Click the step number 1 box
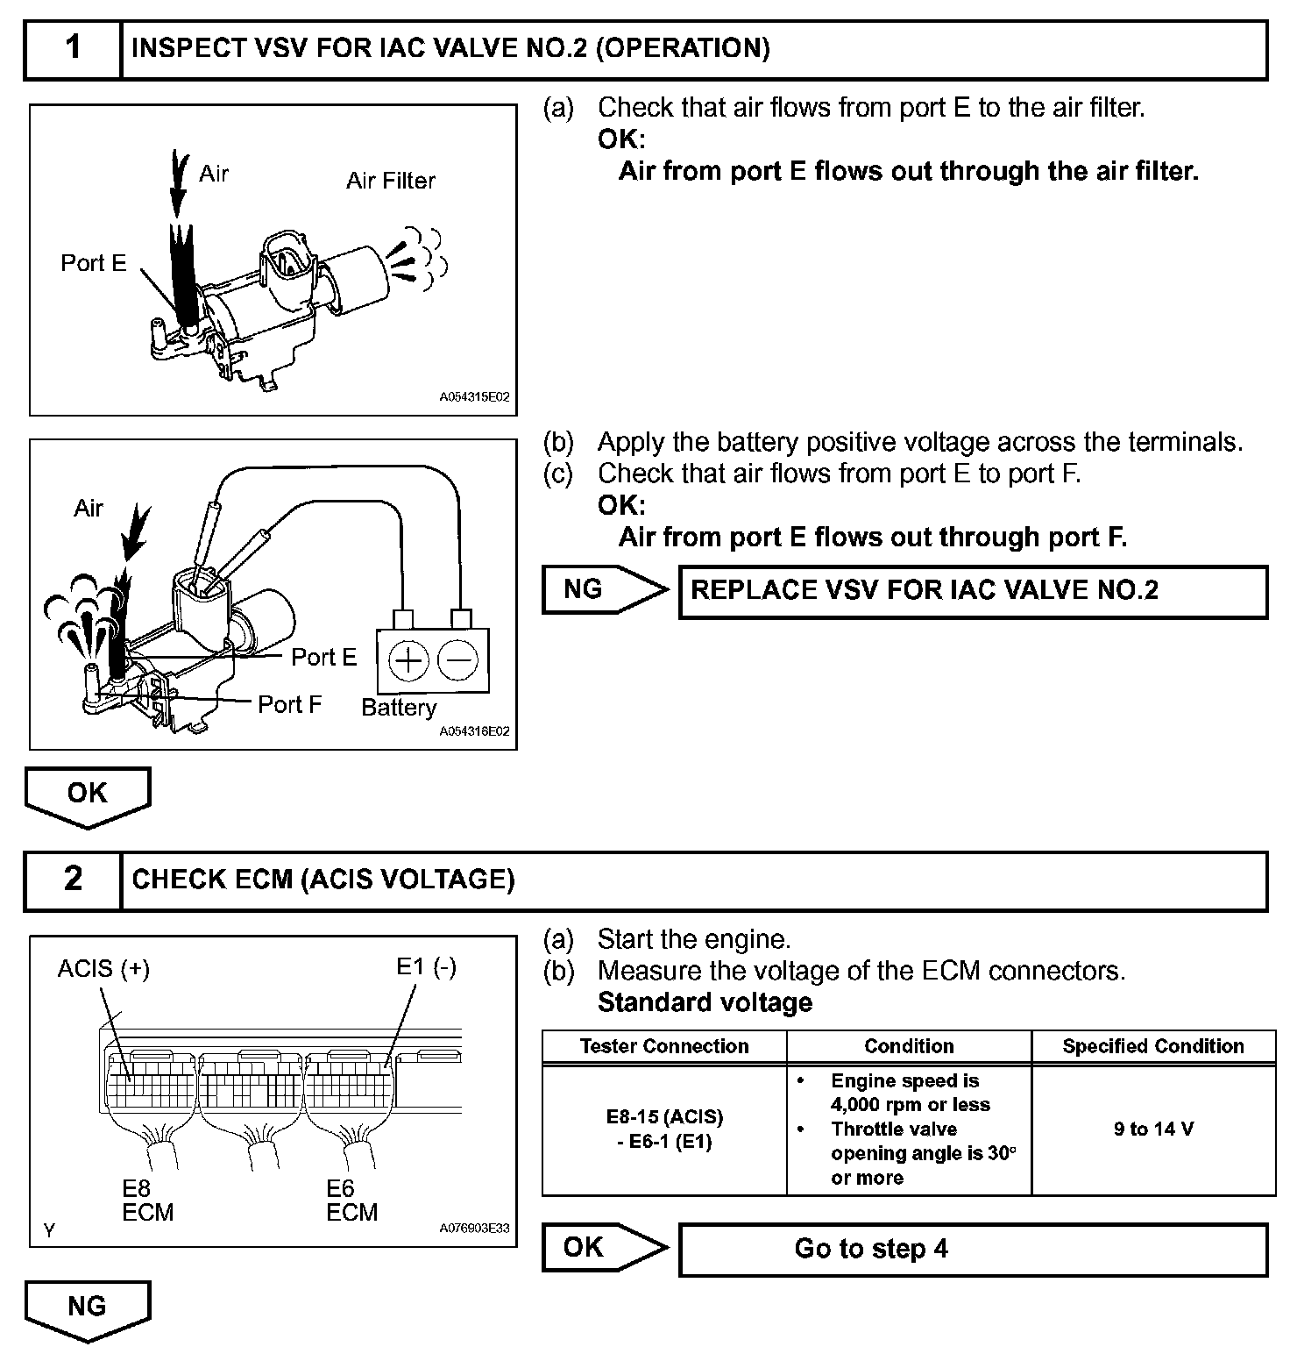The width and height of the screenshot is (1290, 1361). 73,48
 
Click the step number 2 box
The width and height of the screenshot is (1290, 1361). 73,880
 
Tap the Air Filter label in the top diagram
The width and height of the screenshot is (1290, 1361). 390,181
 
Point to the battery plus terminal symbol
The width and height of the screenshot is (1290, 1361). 408,659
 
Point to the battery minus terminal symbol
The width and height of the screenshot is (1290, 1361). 457,659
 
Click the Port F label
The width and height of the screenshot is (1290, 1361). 289,704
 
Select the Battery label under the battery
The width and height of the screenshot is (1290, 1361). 399,708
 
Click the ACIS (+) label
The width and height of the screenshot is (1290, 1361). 103,968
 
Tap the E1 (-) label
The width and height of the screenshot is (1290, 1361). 426,966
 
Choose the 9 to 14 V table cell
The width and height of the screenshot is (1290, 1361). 1153,1129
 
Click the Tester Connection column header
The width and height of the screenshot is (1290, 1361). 664,1046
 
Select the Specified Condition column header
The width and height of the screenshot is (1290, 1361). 1153,1046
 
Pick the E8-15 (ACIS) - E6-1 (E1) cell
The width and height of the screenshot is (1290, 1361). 664,1129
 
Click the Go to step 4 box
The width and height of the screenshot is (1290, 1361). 973,1249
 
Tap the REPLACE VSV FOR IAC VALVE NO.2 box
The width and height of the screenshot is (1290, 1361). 973,591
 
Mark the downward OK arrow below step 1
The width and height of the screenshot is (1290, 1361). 88,795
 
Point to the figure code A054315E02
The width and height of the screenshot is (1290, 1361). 474,397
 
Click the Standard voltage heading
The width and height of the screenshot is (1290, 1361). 705,1002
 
